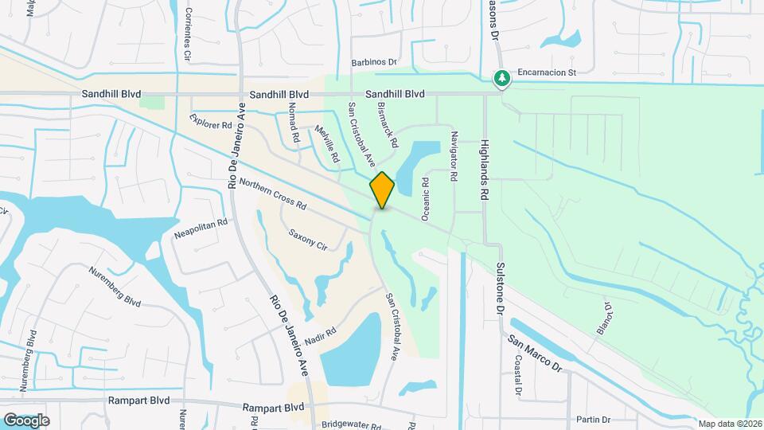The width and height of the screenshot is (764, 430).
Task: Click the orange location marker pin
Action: coord(382,190)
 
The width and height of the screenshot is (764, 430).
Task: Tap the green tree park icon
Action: coord(501,78)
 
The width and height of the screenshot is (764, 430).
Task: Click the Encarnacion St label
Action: coord(546,72)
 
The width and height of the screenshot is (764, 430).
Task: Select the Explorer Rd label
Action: coord(211,120)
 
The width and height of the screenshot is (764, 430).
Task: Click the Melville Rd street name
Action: coord(327,144)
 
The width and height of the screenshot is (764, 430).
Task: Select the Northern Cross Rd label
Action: coord(273,193)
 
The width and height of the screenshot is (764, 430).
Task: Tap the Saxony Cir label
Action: coord(308,240)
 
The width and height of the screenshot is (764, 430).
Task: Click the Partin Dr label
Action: coord(594,420)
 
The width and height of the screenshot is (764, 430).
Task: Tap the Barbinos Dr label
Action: coord(374,62)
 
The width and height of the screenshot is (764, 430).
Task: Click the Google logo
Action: coord(26,420)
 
